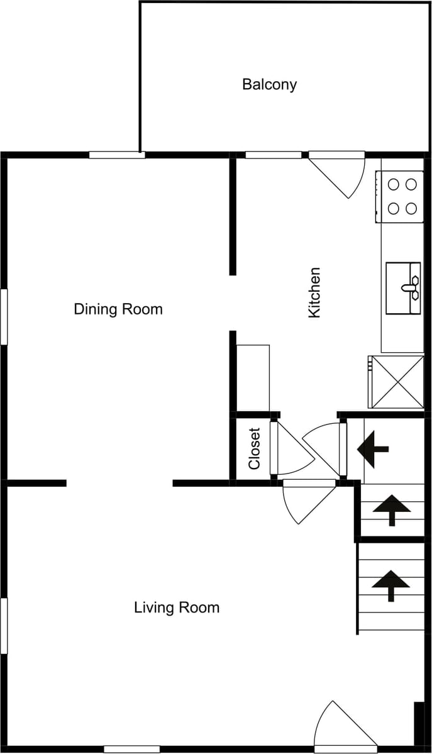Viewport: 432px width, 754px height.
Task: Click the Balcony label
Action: [x=269, y=85]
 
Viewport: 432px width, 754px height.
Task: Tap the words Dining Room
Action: [x=118, y=309]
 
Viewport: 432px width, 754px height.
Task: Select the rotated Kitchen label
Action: [x=314, y=292]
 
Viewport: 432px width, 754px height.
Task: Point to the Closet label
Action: [x=254, y=448]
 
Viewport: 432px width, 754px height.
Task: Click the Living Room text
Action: [x=177, y=607]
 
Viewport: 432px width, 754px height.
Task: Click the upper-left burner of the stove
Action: [x=394, y=184]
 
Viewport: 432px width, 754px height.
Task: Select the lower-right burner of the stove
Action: [x=411, y=208]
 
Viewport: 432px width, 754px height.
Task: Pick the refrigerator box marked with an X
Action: [x=396, y=382]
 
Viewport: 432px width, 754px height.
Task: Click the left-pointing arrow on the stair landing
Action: [x=373, y=450]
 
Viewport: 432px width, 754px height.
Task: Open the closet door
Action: [x=291, y=448]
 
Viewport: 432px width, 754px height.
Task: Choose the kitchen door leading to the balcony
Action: [x=337, y=174]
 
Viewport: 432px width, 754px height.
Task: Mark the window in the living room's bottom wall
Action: [x=132, y=749]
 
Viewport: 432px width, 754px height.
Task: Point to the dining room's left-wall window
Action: [x=4, y=316]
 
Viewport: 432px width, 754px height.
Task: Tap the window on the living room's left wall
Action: [x=4, y=626]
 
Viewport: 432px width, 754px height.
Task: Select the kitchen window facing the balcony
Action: [x=274, y=155]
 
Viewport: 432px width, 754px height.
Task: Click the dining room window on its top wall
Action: [x=117, y=155]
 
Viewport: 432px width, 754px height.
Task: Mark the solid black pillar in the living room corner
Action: [x=419, y=723]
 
